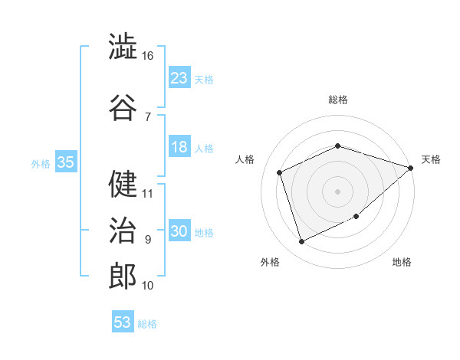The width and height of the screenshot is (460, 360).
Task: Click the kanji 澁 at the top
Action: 123,46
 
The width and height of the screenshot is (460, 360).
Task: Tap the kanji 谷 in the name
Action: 123,107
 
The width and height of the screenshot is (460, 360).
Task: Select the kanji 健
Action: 123,184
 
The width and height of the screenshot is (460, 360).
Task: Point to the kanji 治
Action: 123,230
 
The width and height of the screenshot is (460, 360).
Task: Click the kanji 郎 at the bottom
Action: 123,276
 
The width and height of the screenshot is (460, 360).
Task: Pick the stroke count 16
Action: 147,56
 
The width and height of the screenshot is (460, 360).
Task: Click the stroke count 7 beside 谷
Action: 148,117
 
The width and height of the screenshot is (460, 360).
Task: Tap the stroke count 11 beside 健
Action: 147,194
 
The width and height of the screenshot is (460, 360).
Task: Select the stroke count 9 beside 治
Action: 148,240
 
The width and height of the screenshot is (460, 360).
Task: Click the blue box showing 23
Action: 179,77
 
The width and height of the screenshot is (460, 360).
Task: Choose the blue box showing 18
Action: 179,146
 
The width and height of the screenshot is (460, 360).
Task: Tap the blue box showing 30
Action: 179,230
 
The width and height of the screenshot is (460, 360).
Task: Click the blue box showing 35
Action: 66,161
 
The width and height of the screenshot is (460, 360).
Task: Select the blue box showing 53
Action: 123,321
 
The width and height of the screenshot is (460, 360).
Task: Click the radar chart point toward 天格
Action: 410,168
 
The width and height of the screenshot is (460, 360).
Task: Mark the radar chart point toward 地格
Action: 356,216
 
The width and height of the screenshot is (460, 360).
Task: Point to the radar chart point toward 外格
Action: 301,241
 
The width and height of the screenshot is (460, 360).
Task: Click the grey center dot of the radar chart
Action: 337,191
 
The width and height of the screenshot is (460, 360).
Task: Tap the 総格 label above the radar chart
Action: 338,100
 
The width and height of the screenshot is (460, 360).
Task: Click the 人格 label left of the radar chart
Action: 245,159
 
